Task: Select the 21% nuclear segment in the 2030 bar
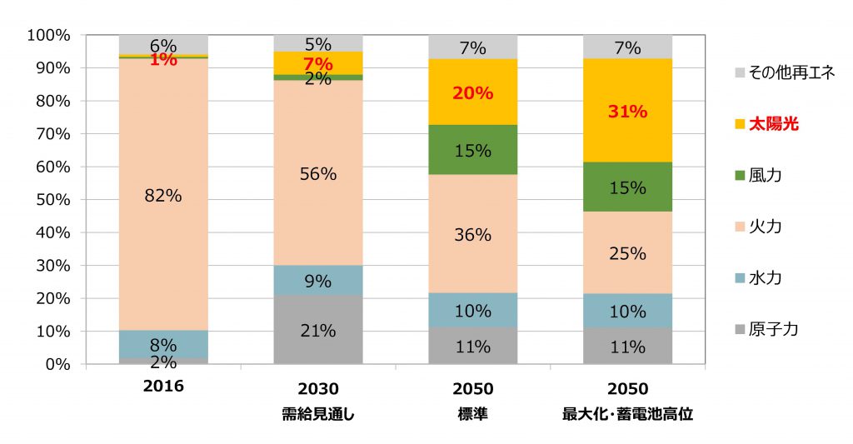click(x=318, y=330)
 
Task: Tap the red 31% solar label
click(x=628, y=112)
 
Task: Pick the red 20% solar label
click(x=473, y=93)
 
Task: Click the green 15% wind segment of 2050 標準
click(x=473, y=150)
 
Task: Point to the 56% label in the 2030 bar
click(x=318, y=174)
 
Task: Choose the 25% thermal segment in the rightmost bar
click(x=628, y=253)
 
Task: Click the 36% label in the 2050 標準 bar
click(x=473, y=235)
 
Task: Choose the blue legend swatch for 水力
click(x=736, y=278)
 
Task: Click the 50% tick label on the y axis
click(x=52, y=200)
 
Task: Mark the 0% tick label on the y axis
click(x=57, y=364)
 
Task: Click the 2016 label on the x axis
click(x=163, y=388)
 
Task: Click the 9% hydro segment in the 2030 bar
click(x=318, y=280)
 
